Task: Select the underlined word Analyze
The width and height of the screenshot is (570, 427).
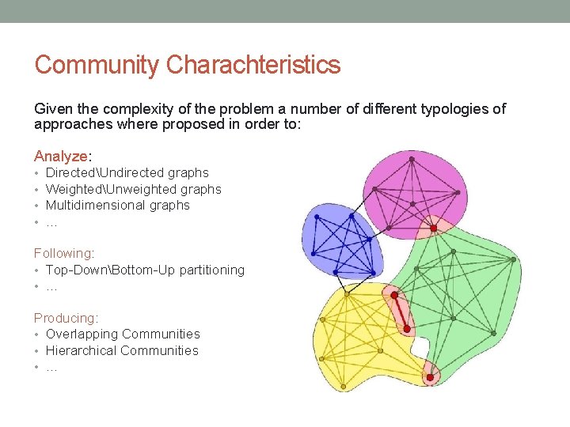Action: pyautogui.click(x=60, y=157)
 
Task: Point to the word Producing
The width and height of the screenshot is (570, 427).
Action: pyautogui.click(x=65, y=318)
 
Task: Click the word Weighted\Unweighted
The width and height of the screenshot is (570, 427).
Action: pyautogui.click(x=112, y=189)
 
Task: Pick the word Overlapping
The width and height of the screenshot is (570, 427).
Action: pyautogui.click(x=82, y=334)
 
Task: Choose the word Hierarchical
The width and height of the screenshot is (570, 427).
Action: pyautogui.click(x=82, y=350)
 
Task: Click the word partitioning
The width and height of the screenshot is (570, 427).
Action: pyautogui.click(x=211, y=270)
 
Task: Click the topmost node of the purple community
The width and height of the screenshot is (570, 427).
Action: pyautogui.click(x=412, y=159)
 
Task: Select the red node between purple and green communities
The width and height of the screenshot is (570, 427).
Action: pyautogui.click(x=433, y=228)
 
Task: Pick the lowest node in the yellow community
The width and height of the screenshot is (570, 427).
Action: pyautogui.click(x=343, y=387)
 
